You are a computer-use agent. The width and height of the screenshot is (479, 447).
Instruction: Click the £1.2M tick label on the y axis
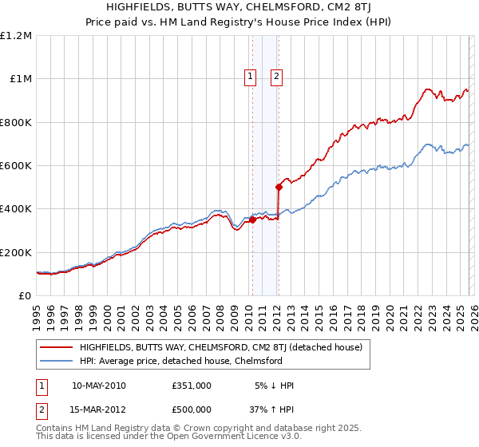(16, 36)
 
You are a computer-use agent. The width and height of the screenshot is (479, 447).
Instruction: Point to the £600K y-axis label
(16, 166)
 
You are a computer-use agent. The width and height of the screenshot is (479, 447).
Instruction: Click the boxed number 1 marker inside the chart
(250, 77)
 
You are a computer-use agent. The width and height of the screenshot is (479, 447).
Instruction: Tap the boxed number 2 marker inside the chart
(276, 77)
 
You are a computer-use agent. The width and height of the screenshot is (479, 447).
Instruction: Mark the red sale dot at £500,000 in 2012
(279, 188)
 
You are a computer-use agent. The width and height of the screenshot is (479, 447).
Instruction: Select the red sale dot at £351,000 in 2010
(253, 220)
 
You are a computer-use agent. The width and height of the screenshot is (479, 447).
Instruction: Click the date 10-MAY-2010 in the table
(98, 386)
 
